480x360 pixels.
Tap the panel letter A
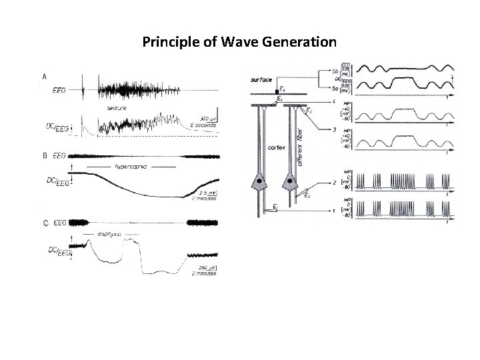(45, 77)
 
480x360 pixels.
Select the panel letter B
(45, 156)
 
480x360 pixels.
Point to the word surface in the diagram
(261, 81)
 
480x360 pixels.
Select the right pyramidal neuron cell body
(291, 181)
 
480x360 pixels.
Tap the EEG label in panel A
(59, 91)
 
